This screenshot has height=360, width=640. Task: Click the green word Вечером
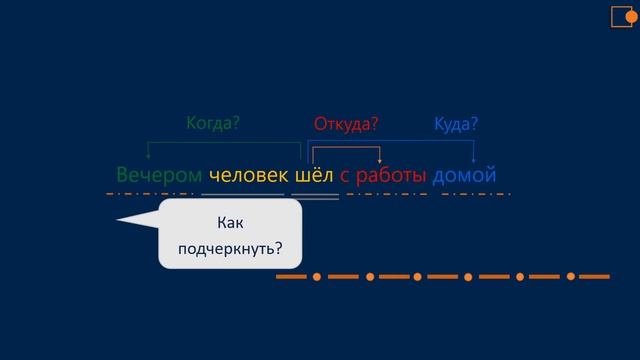159,175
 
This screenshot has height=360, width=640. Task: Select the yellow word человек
248,175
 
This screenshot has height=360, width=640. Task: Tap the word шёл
314,175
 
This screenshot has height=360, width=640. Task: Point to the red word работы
391,175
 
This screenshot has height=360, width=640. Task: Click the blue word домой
464,175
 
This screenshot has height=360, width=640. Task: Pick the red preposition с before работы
345,176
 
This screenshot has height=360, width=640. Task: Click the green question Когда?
213,124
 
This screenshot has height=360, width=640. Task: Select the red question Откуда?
346,125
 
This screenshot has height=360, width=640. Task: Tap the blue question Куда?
456,125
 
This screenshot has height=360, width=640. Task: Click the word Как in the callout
230,223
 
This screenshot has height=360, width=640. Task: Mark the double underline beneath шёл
315,195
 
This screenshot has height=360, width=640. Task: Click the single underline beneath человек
247,193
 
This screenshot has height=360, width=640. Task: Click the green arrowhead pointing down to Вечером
148,157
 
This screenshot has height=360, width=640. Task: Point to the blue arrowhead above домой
473,157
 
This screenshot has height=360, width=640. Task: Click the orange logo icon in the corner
623,16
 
